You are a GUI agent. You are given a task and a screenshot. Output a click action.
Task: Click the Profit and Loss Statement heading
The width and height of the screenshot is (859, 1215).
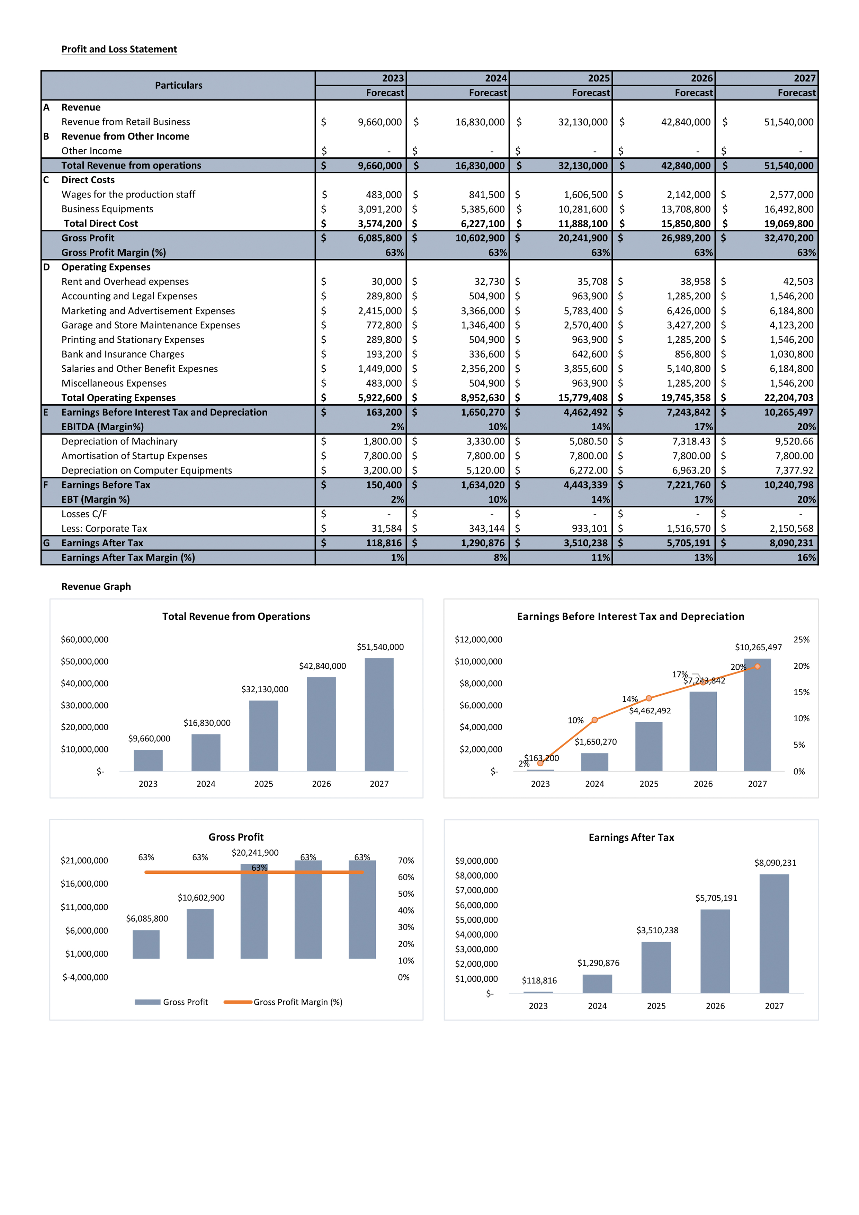pyautogui.click(x=119, y=49)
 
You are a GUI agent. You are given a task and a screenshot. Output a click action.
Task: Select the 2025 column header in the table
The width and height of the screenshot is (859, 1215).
pyautogui.click(x=598, y=78)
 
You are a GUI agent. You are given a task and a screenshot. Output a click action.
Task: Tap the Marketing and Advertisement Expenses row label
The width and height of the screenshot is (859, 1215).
pyautogui.click(x=148, y=311)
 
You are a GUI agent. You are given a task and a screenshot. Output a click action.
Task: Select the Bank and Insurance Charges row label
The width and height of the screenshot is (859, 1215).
pyautogui.click(x=123, y=354)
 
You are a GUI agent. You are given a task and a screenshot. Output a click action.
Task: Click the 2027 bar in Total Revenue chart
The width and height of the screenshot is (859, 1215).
pyautogui.click(x=379, y=714)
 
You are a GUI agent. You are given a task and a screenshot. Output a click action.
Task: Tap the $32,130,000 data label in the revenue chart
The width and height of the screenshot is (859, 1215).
pyautogui.click(x=265, y=689)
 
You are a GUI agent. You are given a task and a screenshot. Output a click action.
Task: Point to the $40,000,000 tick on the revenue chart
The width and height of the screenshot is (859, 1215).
pyautogui.click(x=84, y=684)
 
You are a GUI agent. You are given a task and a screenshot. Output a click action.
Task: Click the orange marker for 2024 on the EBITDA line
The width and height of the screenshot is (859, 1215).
pyautogui.click(x=594, y=720)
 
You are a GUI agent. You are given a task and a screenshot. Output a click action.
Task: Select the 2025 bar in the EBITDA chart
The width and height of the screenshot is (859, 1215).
pyautogui.click(x=648, y=747)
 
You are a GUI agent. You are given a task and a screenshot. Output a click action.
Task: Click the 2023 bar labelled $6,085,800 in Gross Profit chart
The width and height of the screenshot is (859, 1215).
pyautogui.click(x=146, y=944)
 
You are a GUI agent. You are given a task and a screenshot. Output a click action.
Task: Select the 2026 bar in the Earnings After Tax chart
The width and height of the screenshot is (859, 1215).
pyautogui.click(x=715, y=951)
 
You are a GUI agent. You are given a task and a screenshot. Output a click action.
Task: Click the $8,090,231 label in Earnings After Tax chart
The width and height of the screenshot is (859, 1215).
pyautogui.click(x=775, y=863)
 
